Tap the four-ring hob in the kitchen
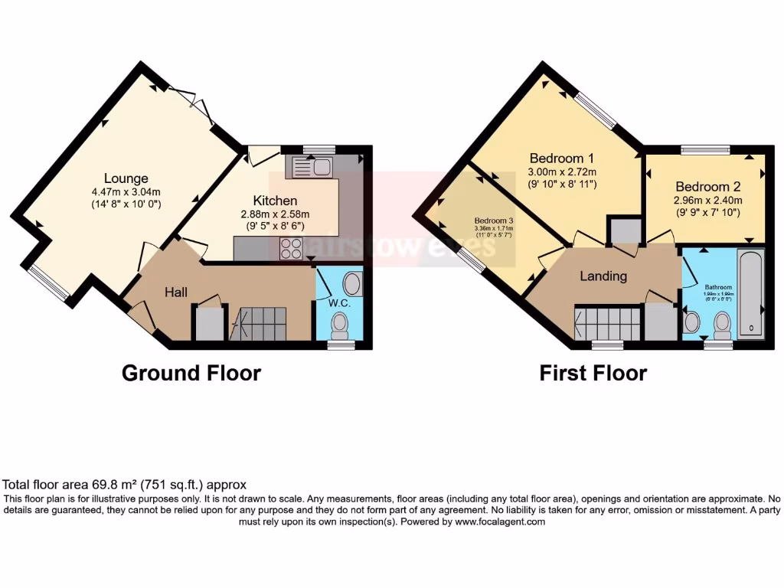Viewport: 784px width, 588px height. [x=292, y=249]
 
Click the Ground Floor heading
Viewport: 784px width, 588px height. [x=191, y=373]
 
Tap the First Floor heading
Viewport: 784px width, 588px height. [x=593, y=373]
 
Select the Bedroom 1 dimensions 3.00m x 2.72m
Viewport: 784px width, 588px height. [x=562, y=171]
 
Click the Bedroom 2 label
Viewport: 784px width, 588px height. [x=708, y=186]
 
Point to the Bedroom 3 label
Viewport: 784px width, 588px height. [x=492, y=218]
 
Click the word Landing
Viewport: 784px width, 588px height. [x=603, y=276]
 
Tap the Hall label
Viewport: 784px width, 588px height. [x=176, y=292]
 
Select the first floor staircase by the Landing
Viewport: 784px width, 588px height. [x=609, y=322]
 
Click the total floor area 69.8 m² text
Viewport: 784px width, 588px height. [x=124, y=485]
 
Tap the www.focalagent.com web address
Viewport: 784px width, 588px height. [x=500, y=521]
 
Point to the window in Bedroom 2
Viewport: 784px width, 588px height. [x=705, y=149]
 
